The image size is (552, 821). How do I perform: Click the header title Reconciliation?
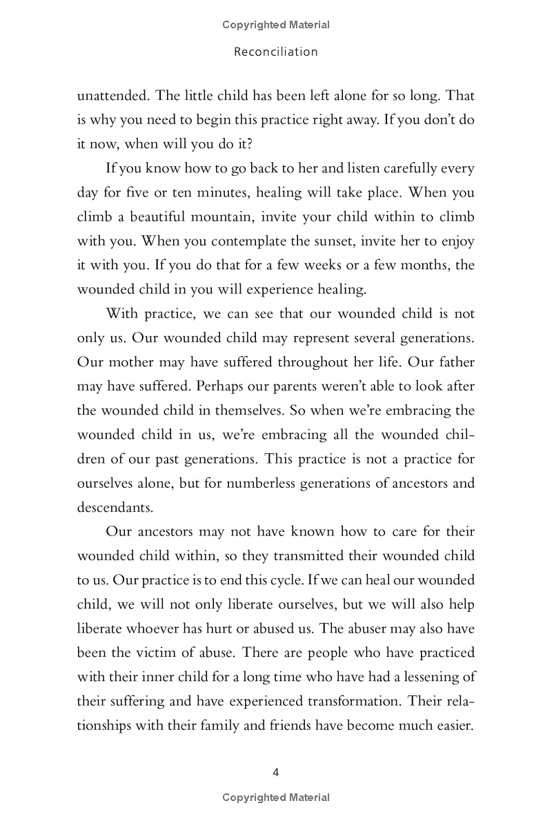coord(276,52)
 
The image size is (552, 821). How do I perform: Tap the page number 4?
coord(276,772)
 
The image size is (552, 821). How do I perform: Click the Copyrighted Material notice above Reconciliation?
coord(276,25)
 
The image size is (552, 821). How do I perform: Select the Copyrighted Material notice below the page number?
coord(276,798)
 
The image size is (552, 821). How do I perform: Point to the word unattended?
coord(111,96)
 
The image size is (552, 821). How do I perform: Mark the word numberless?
coord(244,482)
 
